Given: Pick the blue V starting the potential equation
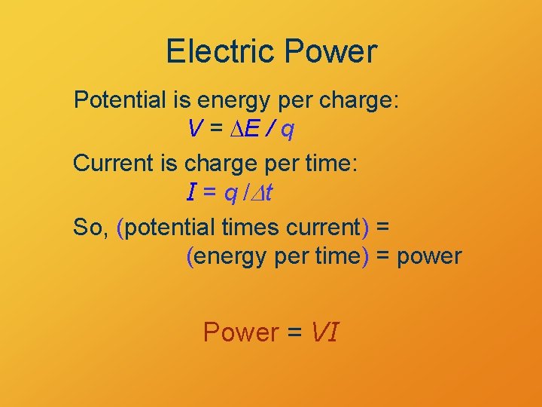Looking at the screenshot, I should coord(194,130).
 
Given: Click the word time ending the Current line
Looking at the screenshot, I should coord(329,164).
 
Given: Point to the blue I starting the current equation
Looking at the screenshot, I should coord(191,194).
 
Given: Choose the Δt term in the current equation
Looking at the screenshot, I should coord(263,194).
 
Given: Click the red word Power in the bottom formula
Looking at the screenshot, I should coord(242,332).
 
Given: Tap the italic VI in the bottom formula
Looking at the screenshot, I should coord(324,332).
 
